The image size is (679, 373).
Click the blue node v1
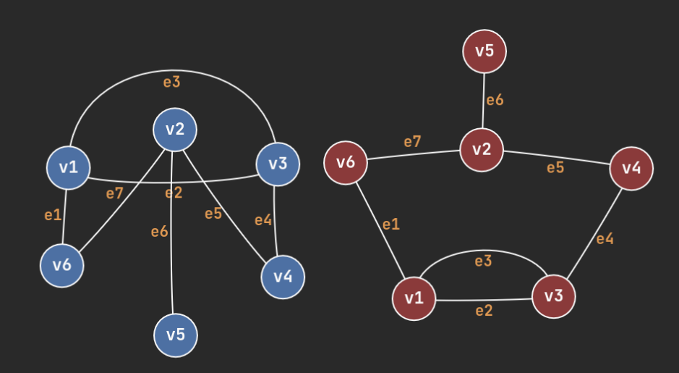[x=68, y=167]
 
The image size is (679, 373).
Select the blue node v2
[x=175, y=130]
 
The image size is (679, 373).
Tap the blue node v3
[x=278, y=164]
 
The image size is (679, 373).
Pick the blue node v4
[x=283, y=276]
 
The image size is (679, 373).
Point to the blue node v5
[x=176, y=335]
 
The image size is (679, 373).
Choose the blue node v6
[x=62, y=265]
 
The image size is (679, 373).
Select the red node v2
[x=482, y=149]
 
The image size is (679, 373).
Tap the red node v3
[x=554, y=295]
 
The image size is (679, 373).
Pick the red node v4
[x=631, y=168]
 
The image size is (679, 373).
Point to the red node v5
[x=484, y=51]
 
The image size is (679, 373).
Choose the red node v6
[x=346, y=162]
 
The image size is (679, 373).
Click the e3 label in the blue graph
[x=171, y=82]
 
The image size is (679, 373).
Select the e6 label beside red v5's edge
[x=495, y=100]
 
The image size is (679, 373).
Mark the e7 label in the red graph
[x=412, y=142]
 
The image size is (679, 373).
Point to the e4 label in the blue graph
[x=263, y=220]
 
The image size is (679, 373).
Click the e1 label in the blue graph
[x=53, y=215]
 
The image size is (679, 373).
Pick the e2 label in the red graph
[x=484, y=311]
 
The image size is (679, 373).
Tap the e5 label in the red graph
[x=555, y=167]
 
